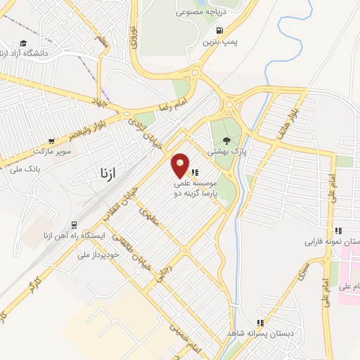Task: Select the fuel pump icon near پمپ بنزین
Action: click(x=220, y=31)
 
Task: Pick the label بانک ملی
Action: click(x=40, y=169)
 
